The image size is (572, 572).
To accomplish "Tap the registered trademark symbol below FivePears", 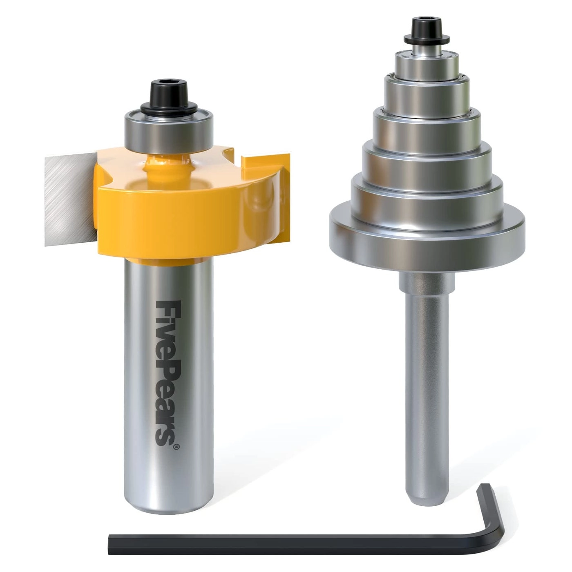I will pos(176,447).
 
